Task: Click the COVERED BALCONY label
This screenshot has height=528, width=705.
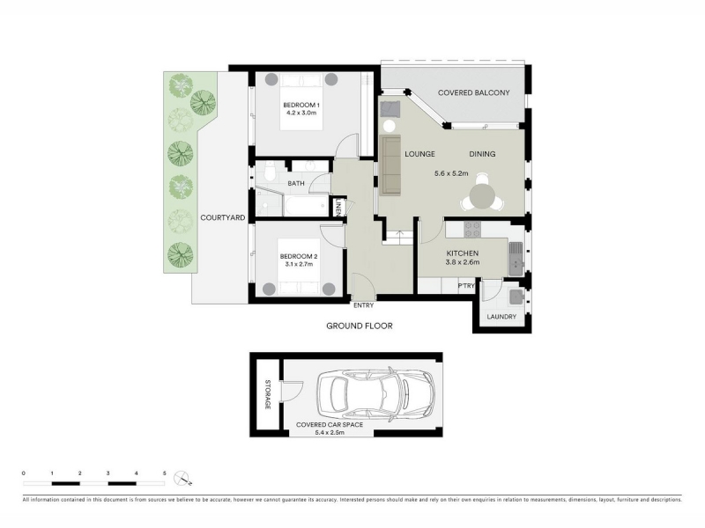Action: point(473,93)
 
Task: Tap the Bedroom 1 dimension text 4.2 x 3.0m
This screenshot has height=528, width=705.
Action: point(301,114)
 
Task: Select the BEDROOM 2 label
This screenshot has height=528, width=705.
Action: point(299,257)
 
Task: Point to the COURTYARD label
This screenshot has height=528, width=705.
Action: point(223,217)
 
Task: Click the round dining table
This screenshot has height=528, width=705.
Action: point(482,196)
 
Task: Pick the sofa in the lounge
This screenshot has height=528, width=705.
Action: point(390,165)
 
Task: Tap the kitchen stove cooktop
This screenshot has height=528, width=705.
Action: point(472,230)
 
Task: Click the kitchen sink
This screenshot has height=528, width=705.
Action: point(516,259)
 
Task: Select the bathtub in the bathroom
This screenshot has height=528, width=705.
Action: point(306,206)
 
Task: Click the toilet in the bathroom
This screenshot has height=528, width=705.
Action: point(270,171)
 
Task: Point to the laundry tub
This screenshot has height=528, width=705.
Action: point(516,297)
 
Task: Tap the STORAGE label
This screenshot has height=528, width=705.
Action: point(268,394)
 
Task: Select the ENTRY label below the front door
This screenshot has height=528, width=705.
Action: point(363,305)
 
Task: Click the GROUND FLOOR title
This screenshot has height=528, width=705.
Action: point(360,326)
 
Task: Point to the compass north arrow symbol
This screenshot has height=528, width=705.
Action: point(184,479)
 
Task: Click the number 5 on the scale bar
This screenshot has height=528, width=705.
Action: point(165,473)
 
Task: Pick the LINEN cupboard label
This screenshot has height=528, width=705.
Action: point(338,207)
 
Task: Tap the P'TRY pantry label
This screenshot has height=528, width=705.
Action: point(466,286)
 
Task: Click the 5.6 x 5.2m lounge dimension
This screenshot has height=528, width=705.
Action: point(451,173)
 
